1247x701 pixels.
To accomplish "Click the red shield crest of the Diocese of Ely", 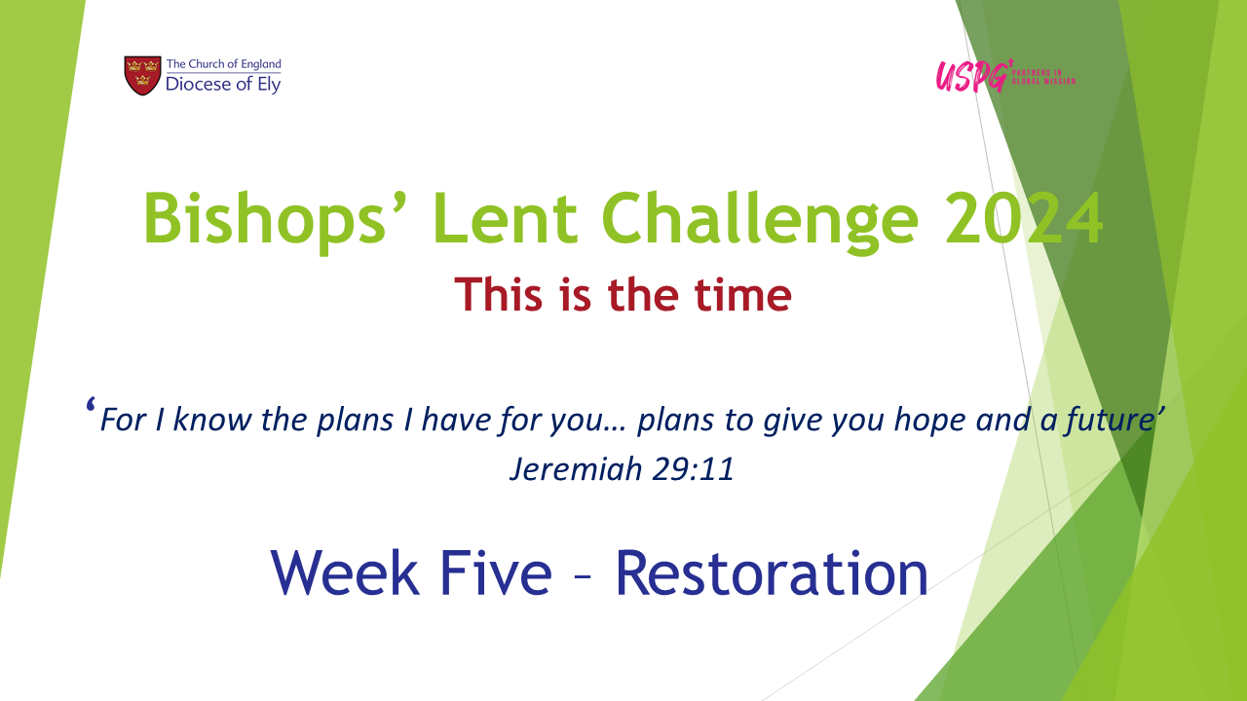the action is pos(142,75).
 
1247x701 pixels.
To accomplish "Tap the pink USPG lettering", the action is pos(972,76).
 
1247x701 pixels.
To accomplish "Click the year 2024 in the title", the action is pos(1024,218).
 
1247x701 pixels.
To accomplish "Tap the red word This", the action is pos(498,294).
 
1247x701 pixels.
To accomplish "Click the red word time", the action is pos(742,294).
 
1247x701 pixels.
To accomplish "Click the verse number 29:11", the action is pos(693,468).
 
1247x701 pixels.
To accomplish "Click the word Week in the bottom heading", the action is pos(345,573).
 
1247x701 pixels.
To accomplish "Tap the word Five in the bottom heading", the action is pos(496,573).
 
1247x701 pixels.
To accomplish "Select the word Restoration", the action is pos(772,573).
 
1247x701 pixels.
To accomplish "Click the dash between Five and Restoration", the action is pos(583,578).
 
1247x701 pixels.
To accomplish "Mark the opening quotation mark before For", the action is pos(91,404).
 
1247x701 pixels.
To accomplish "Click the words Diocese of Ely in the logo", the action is pos(223,85).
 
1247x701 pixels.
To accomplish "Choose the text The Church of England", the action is pos(224,64).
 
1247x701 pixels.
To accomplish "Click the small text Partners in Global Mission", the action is pos(1043,77).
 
